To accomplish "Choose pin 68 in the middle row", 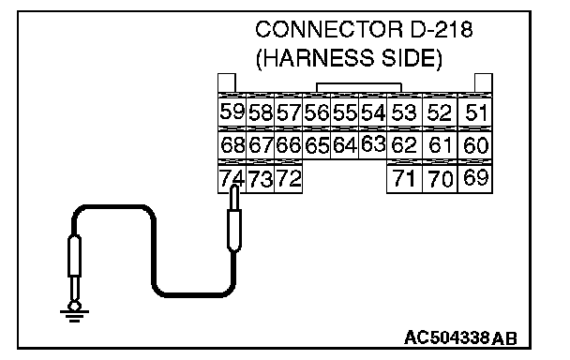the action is point(232,144).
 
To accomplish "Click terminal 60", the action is point(475,144).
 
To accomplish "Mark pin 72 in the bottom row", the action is point(288,178).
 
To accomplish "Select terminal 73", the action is point(261,178).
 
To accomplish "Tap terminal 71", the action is point(404,178).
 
